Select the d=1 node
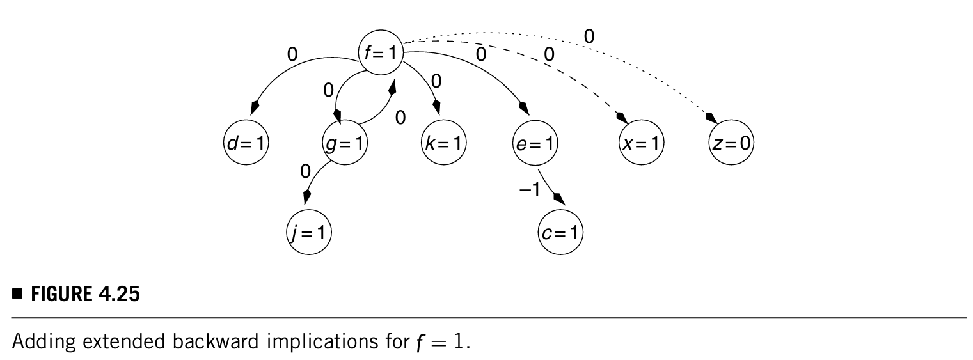[246, 143]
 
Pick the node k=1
[444, 143]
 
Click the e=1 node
[536, 143]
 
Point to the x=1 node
[642, 143]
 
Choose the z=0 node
[731, 143]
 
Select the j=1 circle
[308, 233]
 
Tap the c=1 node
[560, 233]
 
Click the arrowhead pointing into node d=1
[255, 106]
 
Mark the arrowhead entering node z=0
[709, 118]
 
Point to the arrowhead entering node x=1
[620, 117]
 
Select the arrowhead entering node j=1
[308, 195]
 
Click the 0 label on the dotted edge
[589, 37]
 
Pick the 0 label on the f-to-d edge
[292, 54]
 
